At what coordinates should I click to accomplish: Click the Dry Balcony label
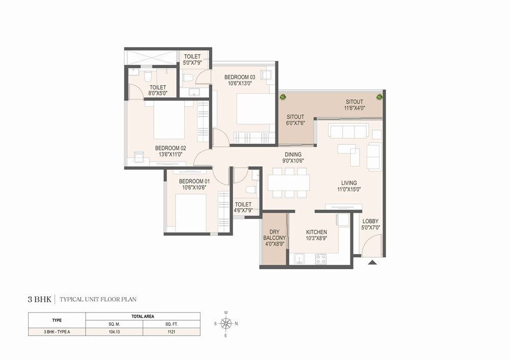pyautogui.click(x=274, y=238)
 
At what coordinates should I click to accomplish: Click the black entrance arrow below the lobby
pyautogui.click(x=372, y=263)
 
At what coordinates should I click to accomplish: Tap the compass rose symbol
pyautogui.click(x=226, y=323)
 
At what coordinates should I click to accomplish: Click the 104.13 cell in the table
pyautogui.click(x=114, y=331)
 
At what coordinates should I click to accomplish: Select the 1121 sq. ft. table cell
pyautogui.click(x=171, y=331)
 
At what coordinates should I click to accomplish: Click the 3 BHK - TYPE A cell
pyautogui.click(x=57, y=331)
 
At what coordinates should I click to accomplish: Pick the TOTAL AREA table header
pyautogui.click(x=143, y=317)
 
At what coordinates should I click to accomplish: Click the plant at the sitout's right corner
pyautogui.click(x=379, y=96)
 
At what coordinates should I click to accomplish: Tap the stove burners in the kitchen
pyautogui.click(x=321, y=259)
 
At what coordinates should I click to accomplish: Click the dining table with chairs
pyautogui.click(x=289, y=183)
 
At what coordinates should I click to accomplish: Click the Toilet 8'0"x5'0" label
pyautogui.click(x=158, y=90)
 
